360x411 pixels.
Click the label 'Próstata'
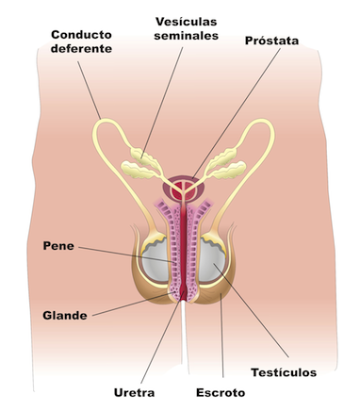coord(271,41)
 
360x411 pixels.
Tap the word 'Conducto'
coord(81,35)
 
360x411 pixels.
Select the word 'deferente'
coord(81,49)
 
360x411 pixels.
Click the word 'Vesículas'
coord(187,22)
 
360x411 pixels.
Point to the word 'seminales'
coord(187,36)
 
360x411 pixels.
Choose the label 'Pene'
coord(58,246)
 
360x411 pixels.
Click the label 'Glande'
coord(65,315)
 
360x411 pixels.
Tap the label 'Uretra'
coord(134,393)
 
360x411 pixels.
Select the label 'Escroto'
coord(221,393)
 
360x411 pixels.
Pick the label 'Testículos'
coord(284,372)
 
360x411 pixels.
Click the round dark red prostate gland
coord(184,189)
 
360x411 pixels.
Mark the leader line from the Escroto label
coord(221,335)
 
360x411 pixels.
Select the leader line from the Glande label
coord(133,304)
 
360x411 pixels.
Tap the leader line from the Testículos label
coord(251,310)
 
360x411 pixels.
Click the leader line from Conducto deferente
coord(90,90)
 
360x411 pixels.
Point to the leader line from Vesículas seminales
coord(162,103)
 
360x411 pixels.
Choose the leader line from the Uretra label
coord(162,337)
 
